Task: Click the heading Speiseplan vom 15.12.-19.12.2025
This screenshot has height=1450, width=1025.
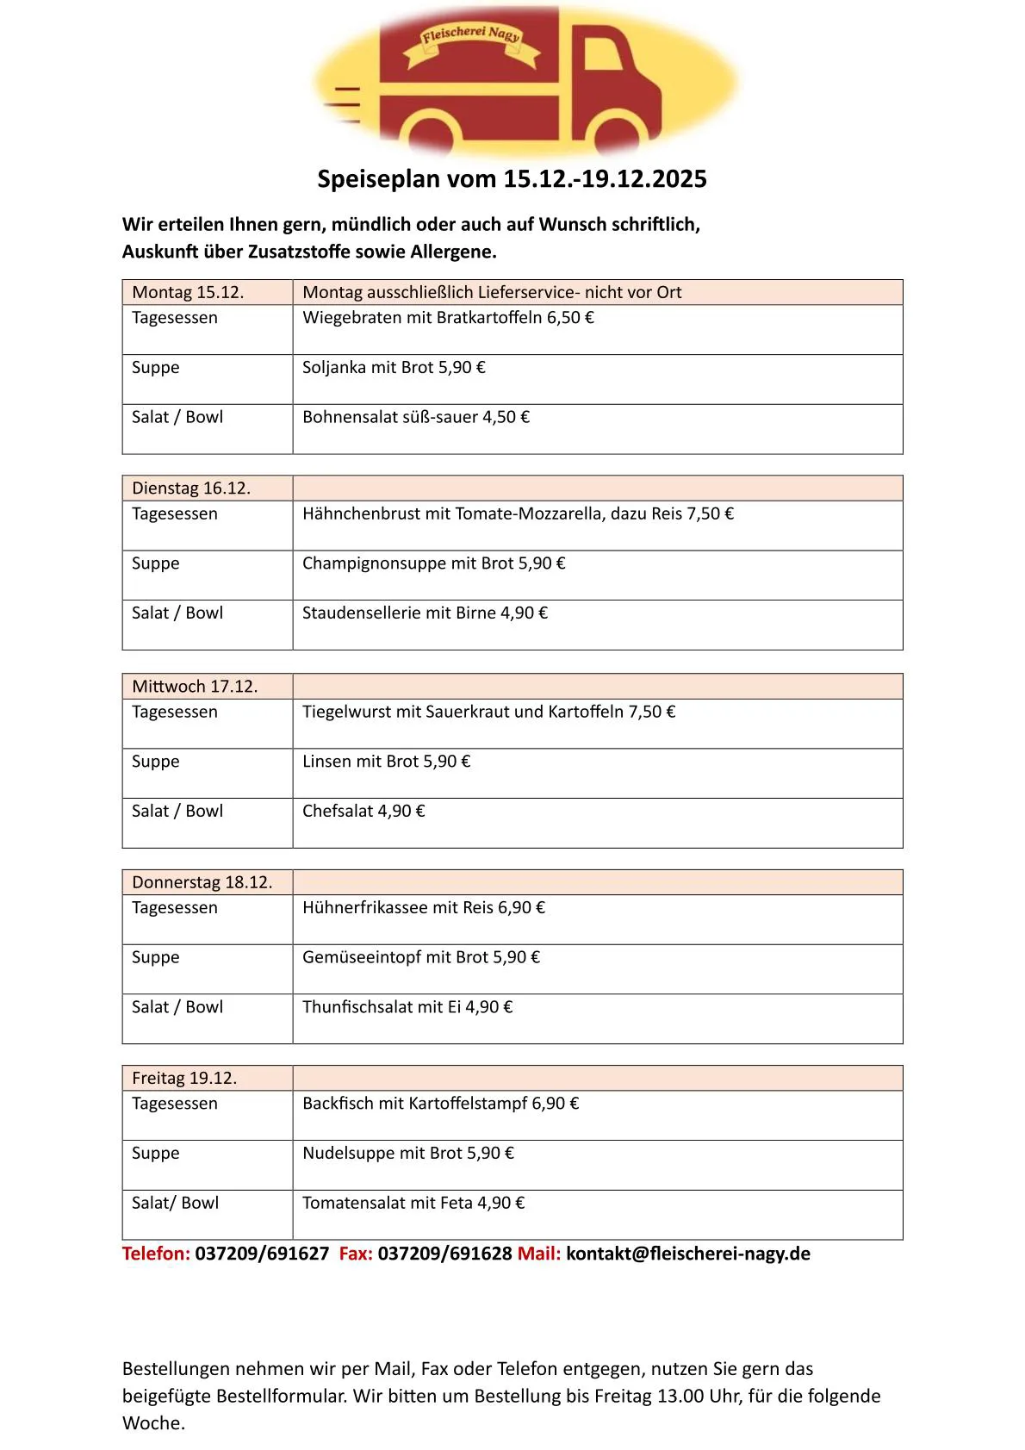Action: [512, 179]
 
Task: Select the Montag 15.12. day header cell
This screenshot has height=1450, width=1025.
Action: [188, 292]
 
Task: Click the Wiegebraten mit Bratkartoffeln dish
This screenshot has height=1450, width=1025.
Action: [448, 318]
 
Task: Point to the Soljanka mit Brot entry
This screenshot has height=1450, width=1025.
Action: [394, 368]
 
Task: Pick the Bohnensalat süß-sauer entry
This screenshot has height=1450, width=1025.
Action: [415, 418]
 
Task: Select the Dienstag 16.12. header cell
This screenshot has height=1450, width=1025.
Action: [191, 489]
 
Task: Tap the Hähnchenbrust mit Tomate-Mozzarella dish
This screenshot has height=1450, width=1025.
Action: [518, 514]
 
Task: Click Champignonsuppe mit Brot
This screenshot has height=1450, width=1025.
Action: [433, 564]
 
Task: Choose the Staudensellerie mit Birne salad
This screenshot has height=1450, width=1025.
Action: [425, 613]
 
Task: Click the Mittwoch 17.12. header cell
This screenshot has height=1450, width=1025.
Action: [195, 687]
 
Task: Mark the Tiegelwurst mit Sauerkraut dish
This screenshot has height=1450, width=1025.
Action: [488, 713]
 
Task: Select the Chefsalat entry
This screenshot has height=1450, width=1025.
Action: [363, 812]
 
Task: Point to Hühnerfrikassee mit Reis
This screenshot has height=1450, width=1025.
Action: [423, 908]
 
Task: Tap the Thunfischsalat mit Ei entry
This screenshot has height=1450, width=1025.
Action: [407, 1007]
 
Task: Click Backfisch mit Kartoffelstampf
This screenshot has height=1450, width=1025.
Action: [440, 1104]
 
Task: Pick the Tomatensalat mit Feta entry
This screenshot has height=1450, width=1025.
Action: [413, 1204]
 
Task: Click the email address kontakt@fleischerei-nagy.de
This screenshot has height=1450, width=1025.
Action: [687, 1254]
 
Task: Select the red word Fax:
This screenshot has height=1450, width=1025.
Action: [356, 1254]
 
